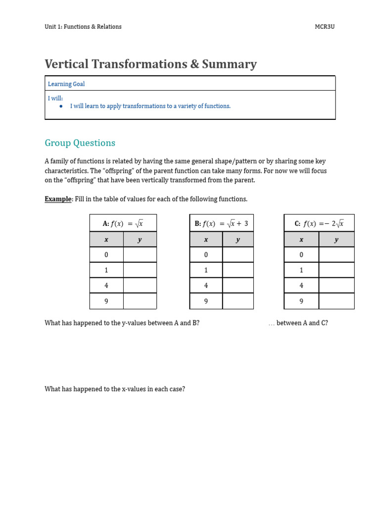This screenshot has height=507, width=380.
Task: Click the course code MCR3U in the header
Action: pos(325,27)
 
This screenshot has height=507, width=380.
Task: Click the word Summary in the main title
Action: pos(229,64)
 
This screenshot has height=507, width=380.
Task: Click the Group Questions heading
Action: pos(80,143)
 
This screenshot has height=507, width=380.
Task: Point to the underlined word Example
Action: pos(58,199)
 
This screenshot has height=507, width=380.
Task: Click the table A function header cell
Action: pos(123,223)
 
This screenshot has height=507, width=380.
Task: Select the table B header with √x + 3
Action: pos(221,223)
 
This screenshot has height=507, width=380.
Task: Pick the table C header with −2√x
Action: pos(319,223)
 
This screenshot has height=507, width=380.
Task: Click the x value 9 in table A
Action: pos(106,301)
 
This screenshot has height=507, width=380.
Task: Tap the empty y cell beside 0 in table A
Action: pos(140,254)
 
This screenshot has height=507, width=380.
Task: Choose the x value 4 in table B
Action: pos(206,286)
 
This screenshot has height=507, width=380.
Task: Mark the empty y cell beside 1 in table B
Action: pos(237,270)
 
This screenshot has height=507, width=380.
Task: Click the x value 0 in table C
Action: pos(301,254)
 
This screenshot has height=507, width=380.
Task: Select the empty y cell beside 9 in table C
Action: pos(336,301)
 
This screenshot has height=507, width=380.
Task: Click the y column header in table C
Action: pos(336,240)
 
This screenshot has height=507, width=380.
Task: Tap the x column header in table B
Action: pos(206,240)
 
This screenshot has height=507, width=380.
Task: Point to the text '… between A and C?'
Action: pos(298,323)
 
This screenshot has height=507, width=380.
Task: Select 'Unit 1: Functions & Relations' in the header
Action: pos(83,27)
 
